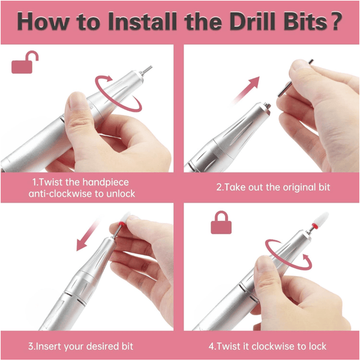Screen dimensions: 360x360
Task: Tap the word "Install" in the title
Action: tap(142, 22)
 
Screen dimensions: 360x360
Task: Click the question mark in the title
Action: tap(336, 22)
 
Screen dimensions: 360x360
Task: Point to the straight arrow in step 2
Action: tap(245, 91)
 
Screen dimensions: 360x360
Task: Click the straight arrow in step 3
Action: tap(88, 235)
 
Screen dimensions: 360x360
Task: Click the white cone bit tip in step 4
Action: tap(322, 219)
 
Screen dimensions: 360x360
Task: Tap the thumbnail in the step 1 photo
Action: tap(79, 101)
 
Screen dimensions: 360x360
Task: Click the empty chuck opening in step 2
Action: tap(267, 106)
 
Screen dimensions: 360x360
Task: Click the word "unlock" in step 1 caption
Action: tap(121, 194)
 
